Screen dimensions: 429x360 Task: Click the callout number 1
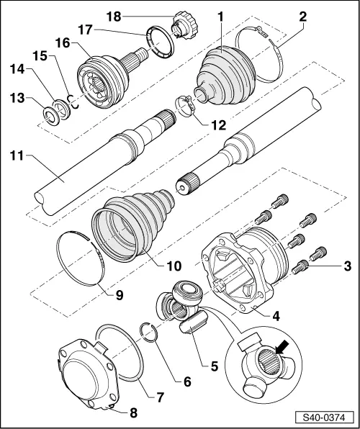[x=222, y=16]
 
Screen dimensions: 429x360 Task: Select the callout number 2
[x=303, y=16]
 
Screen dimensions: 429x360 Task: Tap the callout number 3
[x=347, y=268]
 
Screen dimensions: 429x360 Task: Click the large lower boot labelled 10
[x=133, y=220]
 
